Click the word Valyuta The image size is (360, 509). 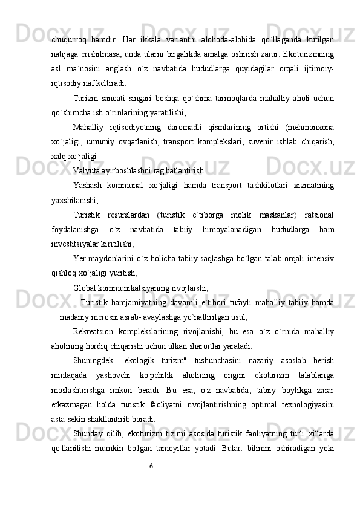(87, 170)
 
